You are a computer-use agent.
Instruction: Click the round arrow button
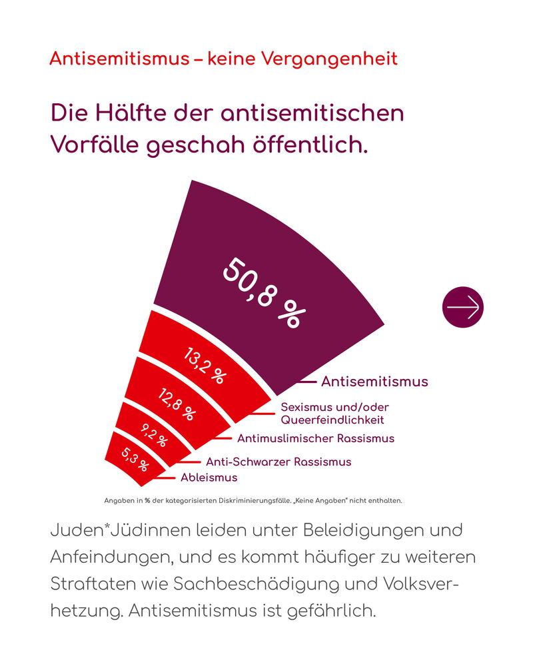(x=463, y=307)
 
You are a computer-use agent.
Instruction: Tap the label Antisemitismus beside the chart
(x=374, y=382)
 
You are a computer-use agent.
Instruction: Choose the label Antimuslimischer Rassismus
(x=316, y=438)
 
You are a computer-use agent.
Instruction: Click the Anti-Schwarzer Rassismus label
(x=278, y=462)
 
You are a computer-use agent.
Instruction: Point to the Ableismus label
(x=209, y=478)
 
